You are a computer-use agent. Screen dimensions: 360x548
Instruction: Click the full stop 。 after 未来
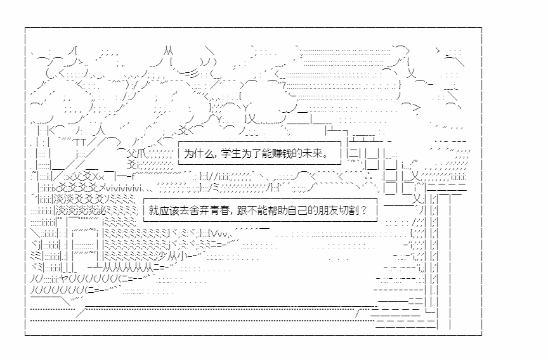click(325, 154)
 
